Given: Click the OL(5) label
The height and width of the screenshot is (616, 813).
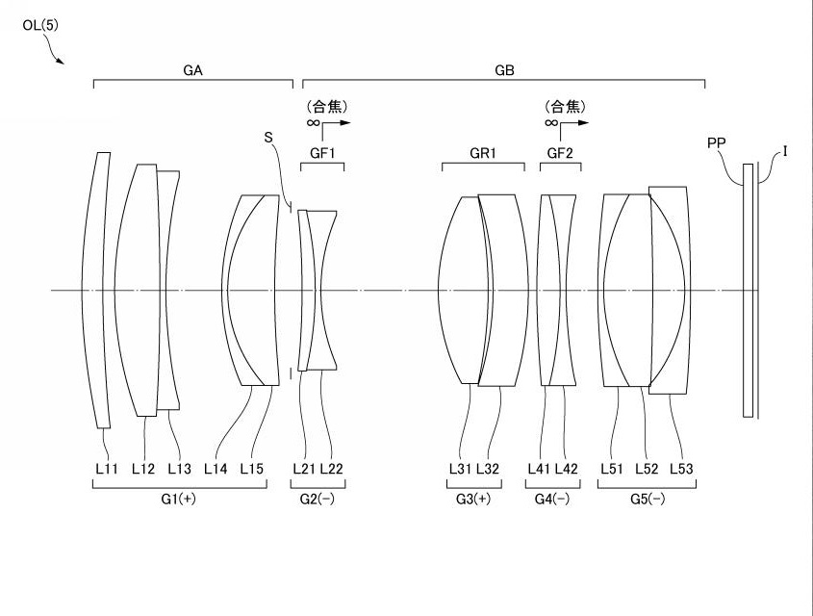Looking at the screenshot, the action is pos(40,25).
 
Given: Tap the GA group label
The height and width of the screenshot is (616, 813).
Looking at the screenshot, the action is pos(192,70).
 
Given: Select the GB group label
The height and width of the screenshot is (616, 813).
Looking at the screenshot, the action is pos(504,70).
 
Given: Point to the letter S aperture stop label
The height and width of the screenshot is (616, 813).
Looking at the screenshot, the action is pos(268,138).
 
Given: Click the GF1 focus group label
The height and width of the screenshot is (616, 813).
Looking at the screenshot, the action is pos(322,153).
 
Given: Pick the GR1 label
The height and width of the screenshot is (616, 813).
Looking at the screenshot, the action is pos(483,153).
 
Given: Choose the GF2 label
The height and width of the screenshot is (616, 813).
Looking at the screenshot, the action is pos(560,153).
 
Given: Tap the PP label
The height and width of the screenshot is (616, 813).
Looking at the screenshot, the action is pos(716,142).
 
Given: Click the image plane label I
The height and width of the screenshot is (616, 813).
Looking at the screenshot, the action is pos(785,151).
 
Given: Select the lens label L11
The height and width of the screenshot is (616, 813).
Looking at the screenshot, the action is pos(107,469).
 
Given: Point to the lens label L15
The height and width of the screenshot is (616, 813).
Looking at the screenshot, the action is pos(252,469).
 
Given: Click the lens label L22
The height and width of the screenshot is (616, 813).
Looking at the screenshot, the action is pos(331,469).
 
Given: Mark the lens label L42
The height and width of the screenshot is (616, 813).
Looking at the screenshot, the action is pos(566,469).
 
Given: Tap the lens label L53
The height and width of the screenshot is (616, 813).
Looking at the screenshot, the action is pos(681,469).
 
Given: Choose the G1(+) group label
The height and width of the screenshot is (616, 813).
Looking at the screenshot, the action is pos(178,499).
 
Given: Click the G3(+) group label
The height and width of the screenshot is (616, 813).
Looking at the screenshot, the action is pos(473,499).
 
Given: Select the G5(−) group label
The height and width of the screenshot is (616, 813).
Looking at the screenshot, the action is pos(648,499).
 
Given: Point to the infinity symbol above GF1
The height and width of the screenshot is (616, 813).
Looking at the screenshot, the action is pos(313,123).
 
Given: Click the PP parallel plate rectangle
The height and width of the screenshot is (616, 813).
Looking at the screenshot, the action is pos(748,291).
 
